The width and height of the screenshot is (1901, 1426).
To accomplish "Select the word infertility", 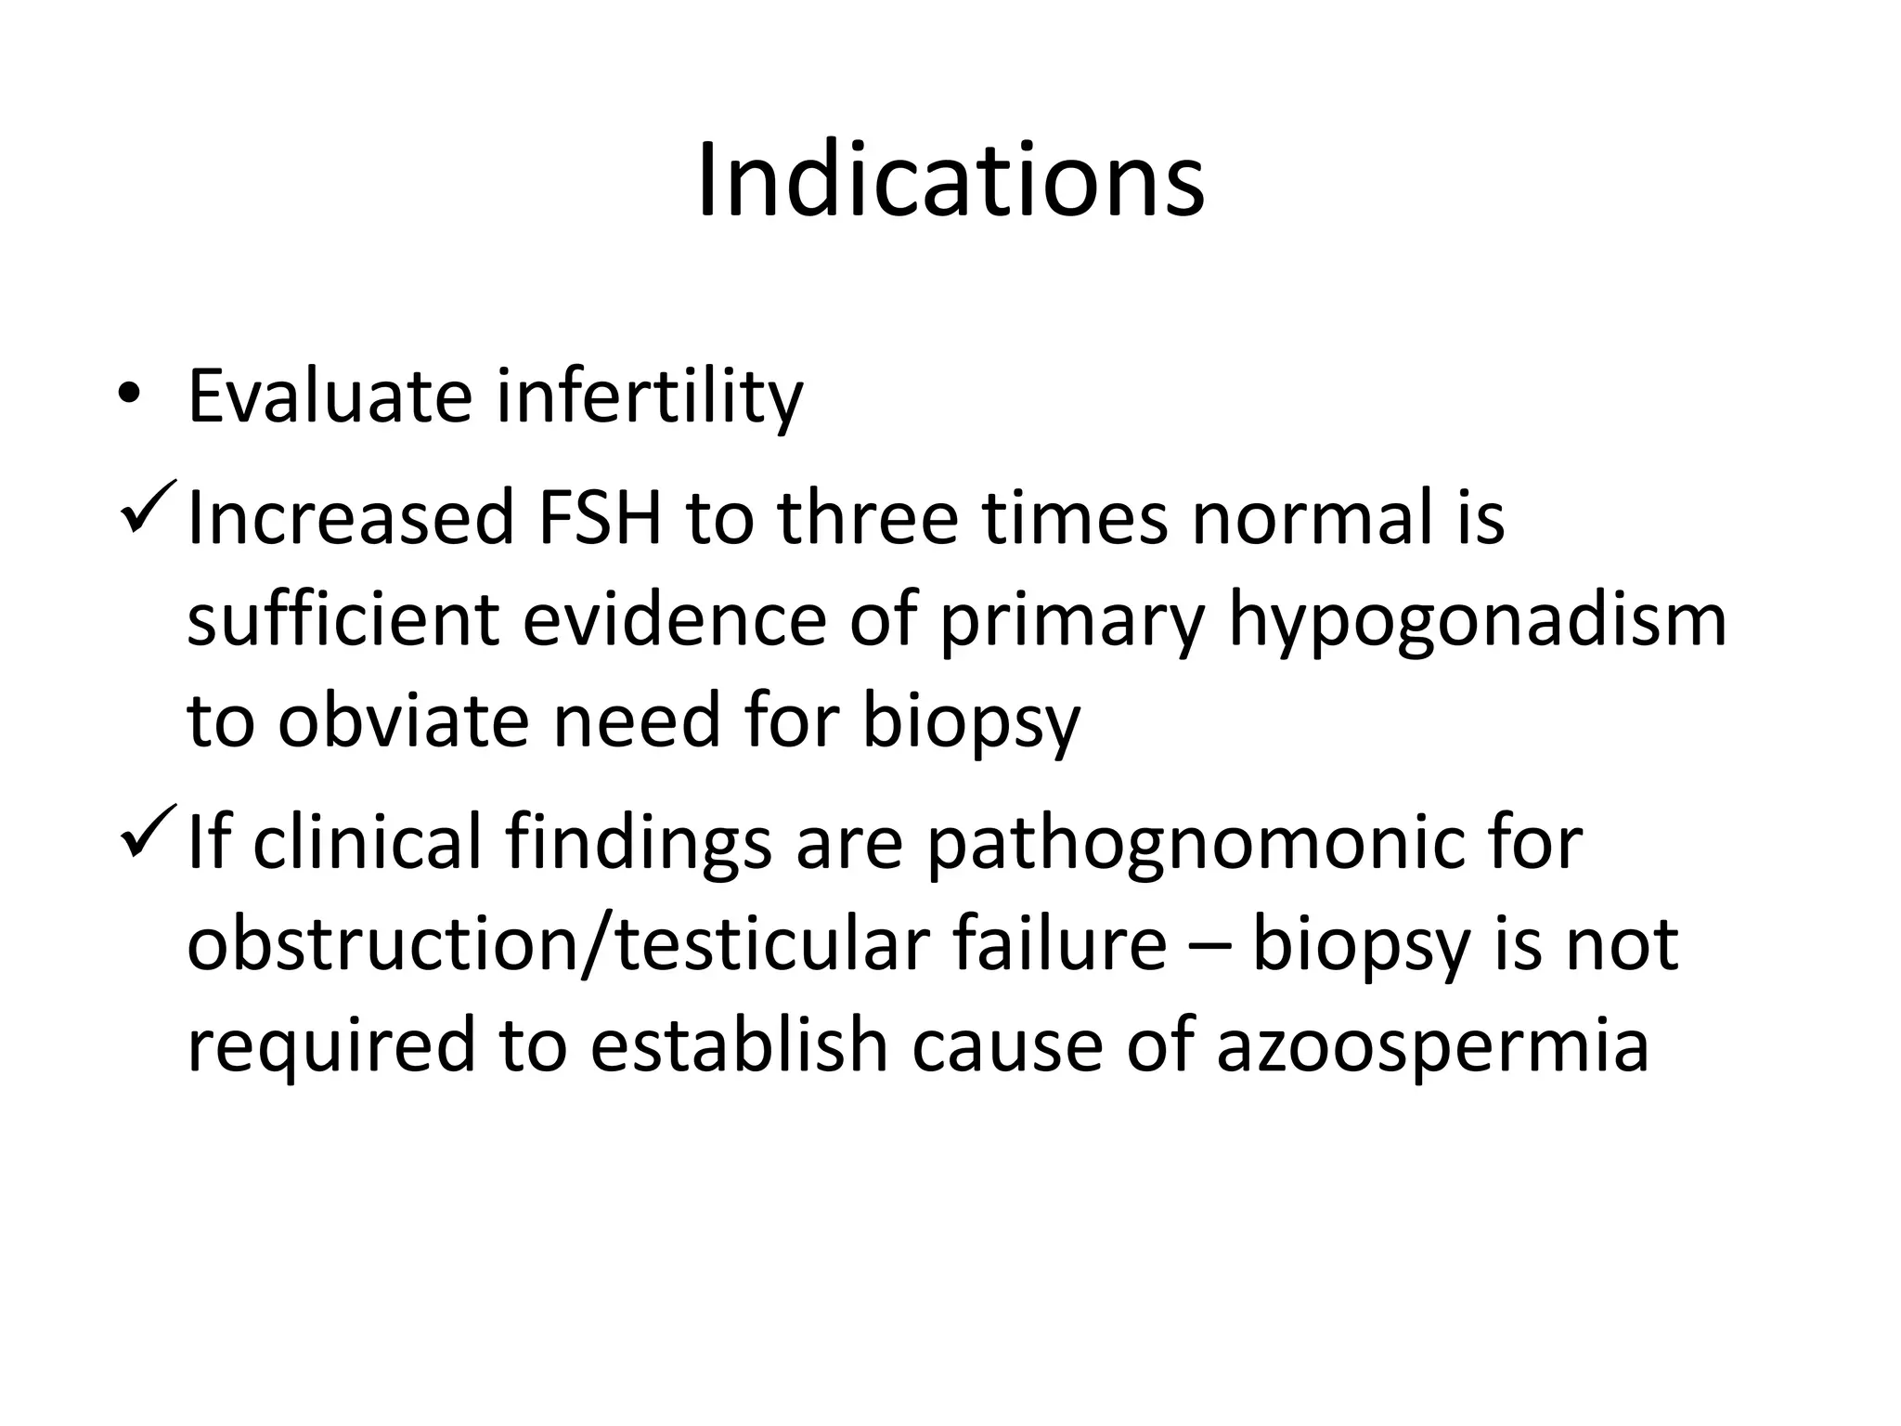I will click(x=650, y=396).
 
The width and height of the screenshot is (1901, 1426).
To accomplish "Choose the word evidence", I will click(x=674, y=619).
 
